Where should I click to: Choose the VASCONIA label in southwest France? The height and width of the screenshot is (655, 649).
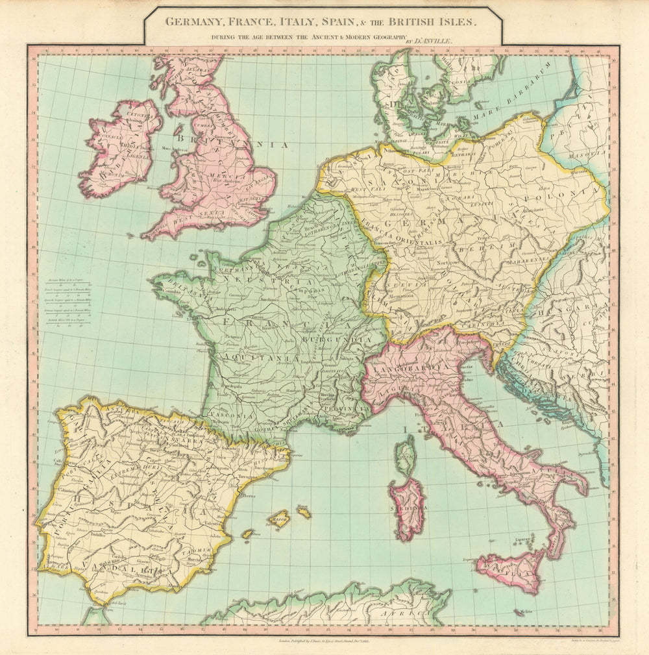coord(231,416)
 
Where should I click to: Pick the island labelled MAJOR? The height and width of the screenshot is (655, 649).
coord(279,519)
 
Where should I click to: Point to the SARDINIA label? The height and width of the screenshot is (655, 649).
coord(408,510)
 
